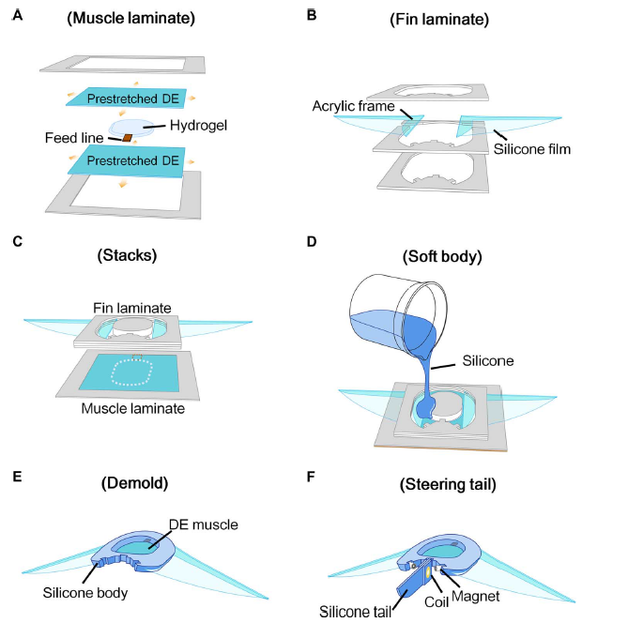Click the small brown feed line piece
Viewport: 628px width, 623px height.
tap(128, 138)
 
